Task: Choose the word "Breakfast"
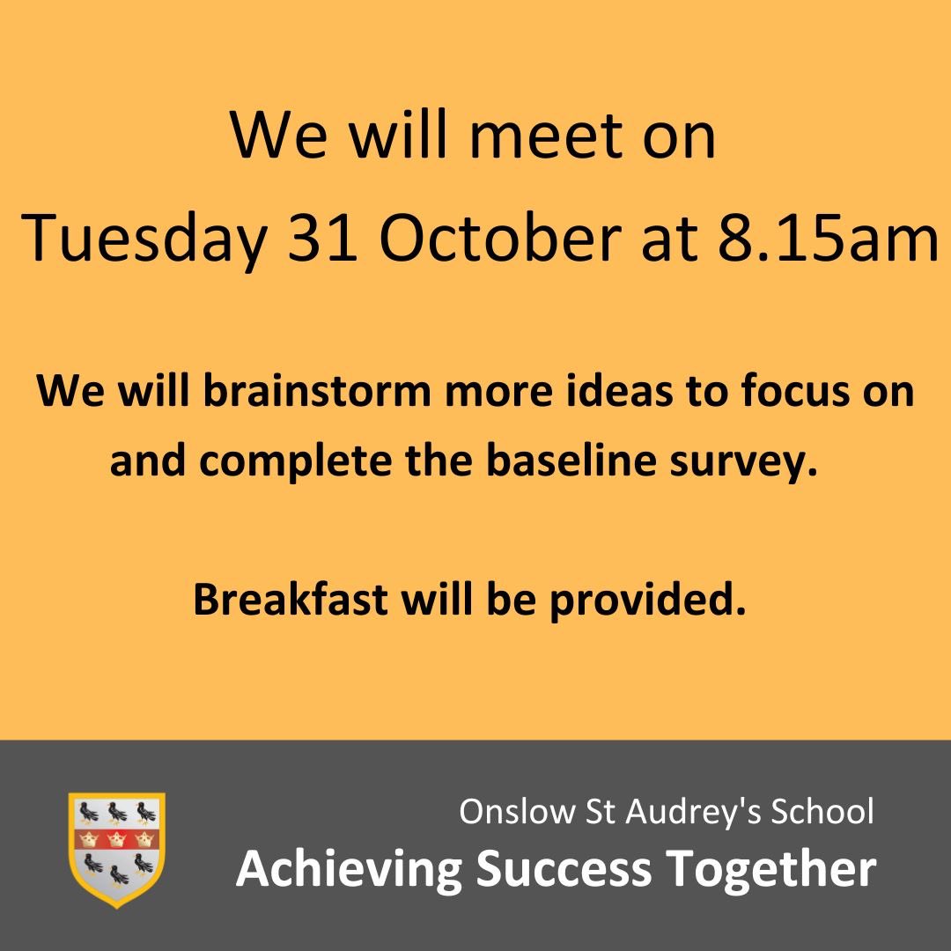coord(290,600)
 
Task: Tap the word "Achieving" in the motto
coord(349,869)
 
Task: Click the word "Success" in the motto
coord(564,869)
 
